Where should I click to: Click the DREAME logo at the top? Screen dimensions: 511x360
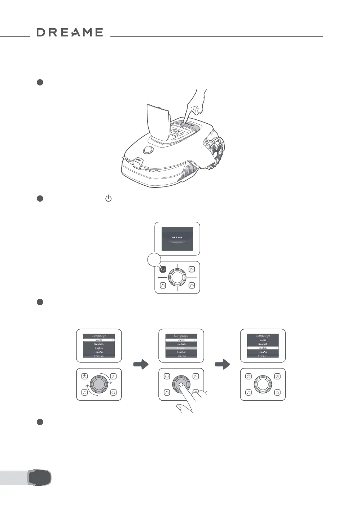[x=70, y=32]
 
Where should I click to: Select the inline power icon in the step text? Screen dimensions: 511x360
[x=108, y=198]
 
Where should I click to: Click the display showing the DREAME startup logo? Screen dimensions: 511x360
[x=177, y=238]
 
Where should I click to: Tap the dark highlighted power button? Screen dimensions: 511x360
[x=163, y=269]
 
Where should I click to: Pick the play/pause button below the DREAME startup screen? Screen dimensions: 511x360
[x=192, y=269]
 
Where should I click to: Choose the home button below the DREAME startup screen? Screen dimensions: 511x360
[x=192, y=285]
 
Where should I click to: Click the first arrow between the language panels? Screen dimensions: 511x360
[x=141, y=365]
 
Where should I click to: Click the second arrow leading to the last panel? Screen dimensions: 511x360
[x=223, y=365]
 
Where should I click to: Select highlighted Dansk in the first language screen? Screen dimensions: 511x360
[x=99, y=340]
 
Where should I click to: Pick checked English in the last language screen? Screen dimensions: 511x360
[x=263, y=348]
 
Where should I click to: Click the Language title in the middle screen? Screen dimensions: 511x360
[x=181, y=336]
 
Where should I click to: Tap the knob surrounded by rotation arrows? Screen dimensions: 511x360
[x=98, y=384]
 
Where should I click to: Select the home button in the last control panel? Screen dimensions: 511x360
[x=277, y=392]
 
